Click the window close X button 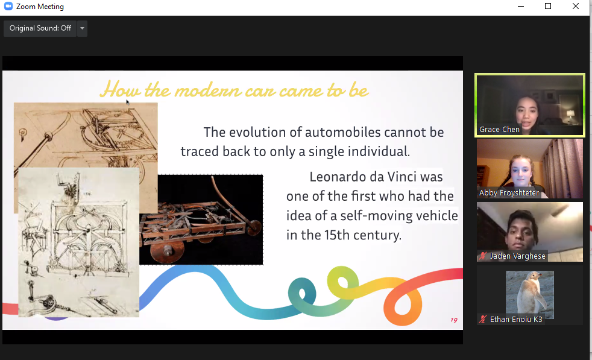click(575, 6)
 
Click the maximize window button click(548, 6)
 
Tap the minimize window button click(521, 7)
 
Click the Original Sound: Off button click(40, 28)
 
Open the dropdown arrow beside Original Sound click(83, 28)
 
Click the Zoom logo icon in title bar click(8, 6)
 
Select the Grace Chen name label click(499, 129)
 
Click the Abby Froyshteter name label click(509, 192)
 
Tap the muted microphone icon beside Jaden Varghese click(482, 256)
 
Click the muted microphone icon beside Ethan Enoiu click(482, 319)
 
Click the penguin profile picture click(530, 295)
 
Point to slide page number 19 click(454, 320)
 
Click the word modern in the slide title click(208, 91)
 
